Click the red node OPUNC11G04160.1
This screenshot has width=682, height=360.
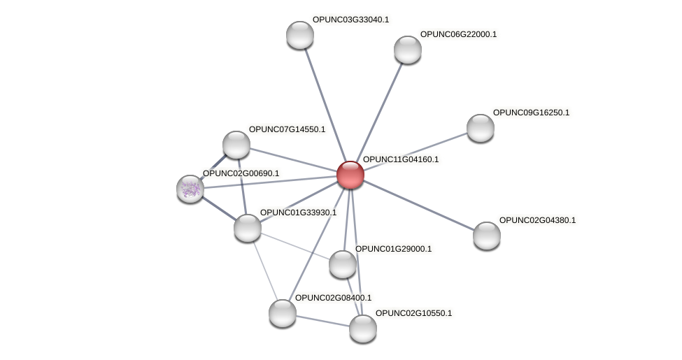(350, 175)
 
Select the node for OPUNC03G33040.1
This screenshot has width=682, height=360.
(300, 35)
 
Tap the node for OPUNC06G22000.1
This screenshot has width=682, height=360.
(408, 50)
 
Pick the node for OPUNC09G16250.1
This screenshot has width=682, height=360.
(481, 127)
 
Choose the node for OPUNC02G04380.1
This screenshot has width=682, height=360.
(487, 235)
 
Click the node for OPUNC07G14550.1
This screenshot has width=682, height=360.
(236, 145)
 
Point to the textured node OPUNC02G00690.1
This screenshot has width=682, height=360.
(190, 188)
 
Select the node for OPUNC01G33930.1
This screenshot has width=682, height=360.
(247, 228)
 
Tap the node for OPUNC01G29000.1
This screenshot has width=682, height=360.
(343, 264)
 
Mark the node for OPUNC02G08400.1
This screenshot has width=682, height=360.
(283, 312)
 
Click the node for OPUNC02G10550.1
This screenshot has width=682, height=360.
(363, 328)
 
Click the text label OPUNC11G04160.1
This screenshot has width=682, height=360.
(401, 159)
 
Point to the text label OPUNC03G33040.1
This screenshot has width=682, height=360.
(350, 20)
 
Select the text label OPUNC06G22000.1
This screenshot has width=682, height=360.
(458, 34)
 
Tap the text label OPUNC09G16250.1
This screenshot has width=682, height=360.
(531, 113)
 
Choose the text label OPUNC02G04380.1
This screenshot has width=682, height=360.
(537, 220)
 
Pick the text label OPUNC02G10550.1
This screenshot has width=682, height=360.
(413, 312)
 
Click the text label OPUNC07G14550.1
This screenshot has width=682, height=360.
(287, 129)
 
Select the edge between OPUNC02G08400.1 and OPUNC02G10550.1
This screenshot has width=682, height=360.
(322, 320)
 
